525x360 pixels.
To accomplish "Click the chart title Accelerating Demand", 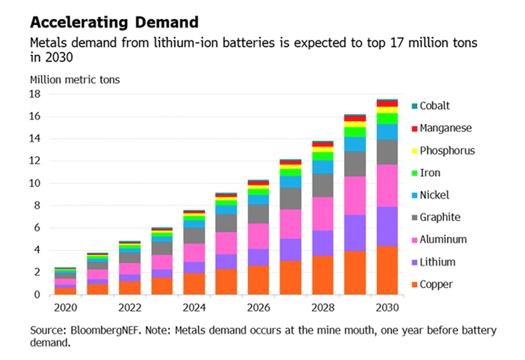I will tap(114, 23).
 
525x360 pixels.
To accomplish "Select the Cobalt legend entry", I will tap(435, 106).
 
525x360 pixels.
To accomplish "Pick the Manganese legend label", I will tap(445, 129).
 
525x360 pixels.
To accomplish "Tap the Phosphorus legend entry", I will tap(447, 151).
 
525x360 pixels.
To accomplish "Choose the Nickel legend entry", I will tap(434, 195).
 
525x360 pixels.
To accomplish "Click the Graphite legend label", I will tap(439, 218).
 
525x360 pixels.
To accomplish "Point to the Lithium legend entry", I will tap(437, 262).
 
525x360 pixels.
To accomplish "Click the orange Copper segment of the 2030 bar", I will tap(387, 270).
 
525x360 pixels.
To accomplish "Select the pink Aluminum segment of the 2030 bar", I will tap(387, 186).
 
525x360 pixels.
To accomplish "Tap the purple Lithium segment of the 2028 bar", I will tap(323, 243).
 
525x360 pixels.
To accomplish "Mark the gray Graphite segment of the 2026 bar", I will tap(258, 214).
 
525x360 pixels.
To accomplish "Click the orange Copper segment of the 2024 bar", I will tap(194, 284).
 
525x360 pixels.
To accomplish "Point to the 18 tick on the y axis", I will tap(35, 94).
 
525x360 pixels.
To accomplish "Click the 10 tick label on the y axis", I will tap(35, 183).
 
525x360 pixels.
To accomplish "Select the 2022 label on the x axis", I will tap(130, 307).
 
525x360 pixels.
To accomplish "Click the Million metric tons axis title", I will tap(75, 79).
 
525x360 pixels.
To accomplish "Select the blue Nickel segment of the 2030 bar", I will tap(387, 132).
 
